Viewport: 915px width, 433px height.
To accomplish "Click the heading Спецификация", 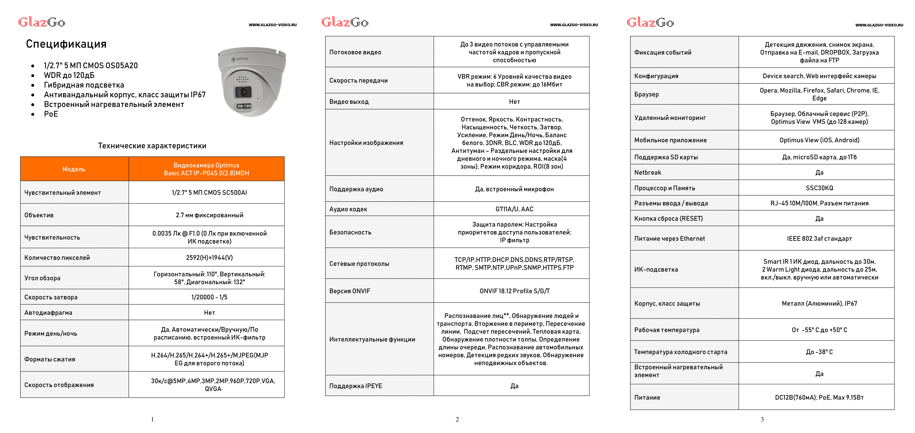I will tap(66, 44).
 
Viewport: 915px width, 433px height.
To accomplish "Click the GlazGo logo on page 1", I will tap(42, 23).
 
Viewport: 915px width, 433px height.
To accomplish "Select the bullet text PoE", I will tap(51, 114).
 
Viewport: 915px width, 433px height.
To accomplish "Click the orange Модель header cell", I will tap(74, 169).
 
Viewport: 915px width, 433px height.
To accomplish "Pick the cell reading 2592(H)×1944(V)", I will tap(209, 257).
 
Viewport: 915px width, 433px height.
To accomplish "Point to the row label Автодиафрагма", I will tap(48, 313).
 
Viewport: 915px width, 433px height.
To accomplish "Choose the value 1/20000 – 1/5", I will tap(209, 297).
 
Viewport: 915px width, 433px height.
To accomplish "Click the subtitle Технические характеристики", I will tap(152, 146).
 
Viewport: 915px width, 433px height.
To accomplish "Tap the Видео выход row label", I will tap(349, 102).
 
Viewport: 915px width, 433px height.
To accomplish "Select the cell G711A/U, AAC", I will tap(514, 209).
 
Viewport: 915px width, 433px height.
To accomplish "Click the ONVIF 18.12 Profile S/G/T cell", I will tap(514, 291).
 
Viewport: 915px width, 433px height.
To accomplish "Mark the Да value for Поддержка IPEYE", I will tap(514, 386).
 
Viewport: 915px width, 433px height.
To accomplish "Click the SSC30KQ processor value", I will tap(819, 188).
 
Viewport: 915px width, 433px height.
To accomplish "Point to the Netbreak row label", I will tap(647, 173).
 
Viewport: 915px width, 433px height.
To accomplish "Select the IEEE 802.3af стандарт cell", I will tap(819, 238).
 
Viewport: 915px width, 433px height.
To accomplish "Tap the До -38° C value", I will tap(819, 352).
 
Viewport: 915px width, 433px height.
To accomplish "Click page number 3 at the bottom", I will tap(762, 419).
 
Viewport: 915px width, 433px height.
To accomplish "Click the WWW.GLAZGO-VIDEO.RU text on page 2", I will tap(574, 25).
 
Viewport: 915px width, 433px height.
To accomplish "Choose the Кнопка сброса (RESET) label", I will tap(668, 219).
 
